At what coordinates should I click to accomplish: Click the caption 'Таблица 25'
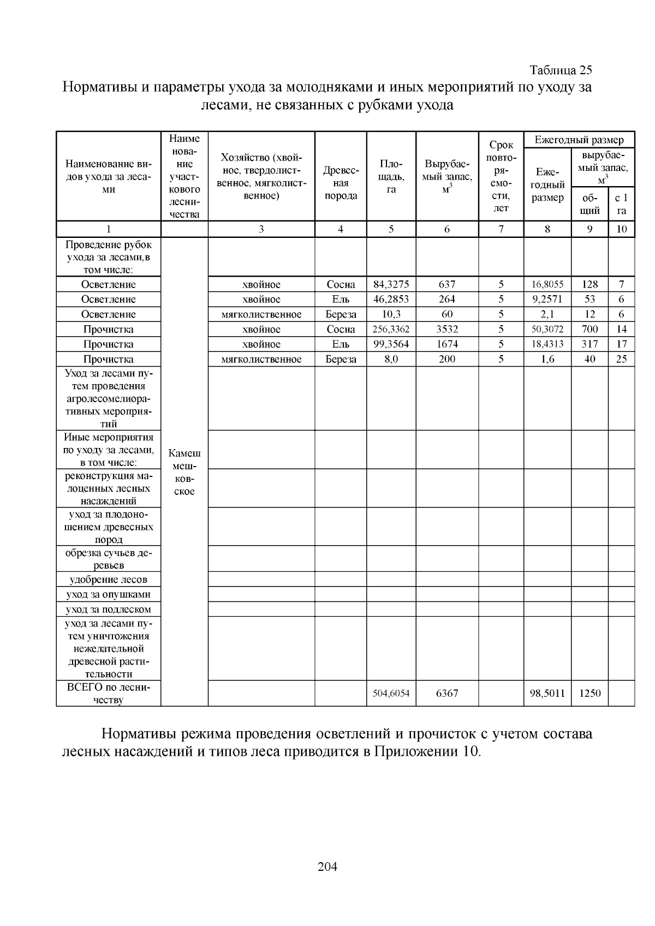pos(561,70)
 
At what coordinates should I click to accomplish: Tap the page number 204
pos(327,866)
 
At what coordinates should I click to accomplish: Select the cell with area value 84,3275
pos(391,284)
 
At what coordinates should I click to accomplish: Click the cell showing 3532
pos(446,329)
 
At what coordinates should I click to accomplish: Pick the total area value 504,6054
pos(391,694)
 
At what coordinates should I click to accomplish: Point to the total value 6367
pos(446,694)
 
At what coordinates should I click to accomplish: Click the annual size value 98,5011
pos(547,694)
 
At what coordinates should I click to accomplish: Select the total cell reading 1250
pos(589,694)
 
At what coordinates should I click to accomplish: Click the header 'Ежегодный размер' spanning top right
pos(579,140)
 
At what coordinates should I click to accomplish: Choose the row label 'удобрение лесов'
pos(108,580)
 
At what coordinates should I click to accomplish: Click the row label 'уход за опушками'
pos(108,594)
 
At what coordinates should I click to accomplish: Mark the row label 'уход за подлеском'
pos(108,610)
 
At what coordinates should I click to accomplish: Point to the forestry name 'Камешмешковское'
pos(184,472)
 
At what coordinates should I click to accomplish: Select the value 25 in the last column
pos(621,359)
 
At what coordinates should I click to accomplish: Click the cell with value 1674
pos(446,344)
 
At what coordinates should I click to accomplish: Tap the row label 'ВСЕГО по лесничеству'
pos(108,694)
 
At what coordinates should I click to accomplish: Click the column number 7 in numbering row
pos(501,229)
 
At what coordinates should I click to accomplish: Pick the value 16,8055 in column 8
pos(547,284)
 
